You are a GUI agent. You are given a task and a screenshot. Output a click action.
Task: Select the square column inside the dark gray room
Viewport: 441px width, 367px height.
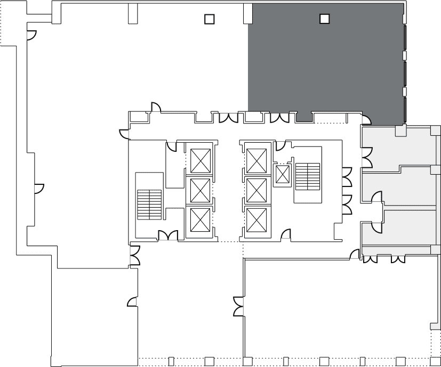click(324, 19)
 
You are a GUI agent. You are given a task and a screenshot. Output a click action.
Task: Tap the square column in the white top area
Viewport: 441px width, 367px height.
click(210, 19)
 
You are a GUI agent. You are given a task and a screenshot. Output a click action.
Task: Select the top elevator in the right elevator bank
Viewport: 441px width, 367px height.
click(256, 160)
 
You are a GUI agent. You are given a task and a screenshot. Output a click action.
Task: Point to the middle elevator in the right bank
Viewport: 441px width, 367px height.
click(256, 190)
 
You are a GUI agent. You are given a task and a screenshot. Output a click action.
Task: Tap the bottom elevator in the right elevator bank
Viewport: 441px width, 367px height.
click(256, 219)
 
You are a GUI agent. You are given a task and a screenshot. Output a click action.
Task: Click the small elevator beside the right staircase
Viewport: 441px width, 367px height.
click(282, 175)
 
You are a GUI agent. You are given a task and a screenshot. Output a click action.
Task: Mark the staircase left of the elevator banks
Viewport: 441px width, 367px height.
click(149, 205)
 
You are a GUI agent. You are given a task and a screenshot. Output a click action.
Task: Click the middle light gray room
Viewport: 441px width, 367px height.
click(405, 186)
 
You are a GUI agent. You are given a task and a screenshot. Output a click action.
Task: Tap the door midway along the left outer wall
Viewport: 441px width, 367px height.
click(38, 188)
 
